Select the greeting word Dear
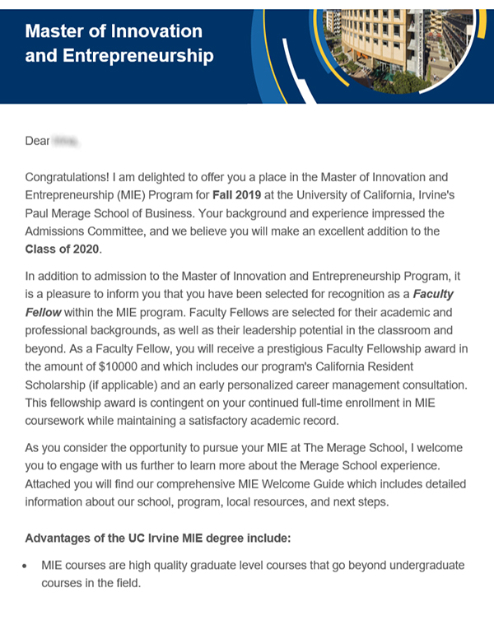(x=37, y=142)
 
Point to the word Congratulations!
(x=77, y=177)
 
